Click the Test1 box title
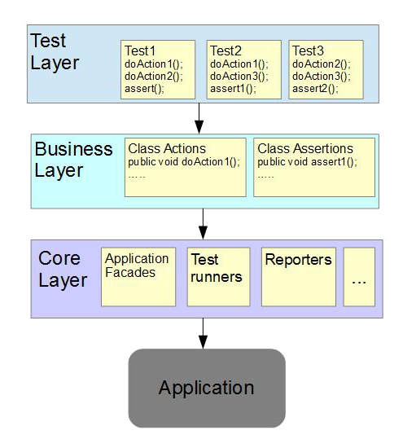(140, 51)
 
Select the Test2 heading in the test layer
(226, 51)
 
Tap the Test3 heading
(308, 51)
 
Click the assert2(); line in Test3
(315, 89)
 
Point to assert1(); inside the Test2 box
(233, 89)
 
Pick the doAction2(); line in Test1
(154, 77)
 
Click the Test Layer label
(55, 51)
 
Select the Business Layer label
(73, 160)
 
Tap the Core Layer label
(63, 269)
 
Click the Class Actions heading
(167, 148)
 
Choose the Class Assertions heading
(305, 148)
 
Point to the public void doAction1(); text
(184, 162)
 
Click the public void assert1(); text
(307, 162)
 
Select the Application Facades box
(138, 277)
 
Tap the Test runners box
(218, 277)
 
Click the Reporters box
(299, 277)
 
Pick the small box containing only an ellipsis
(359, 277)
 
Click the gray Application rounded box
(207, 388)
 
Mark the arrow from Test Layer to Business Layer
(199, 118)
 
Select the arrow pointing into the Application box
(203, 333)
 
